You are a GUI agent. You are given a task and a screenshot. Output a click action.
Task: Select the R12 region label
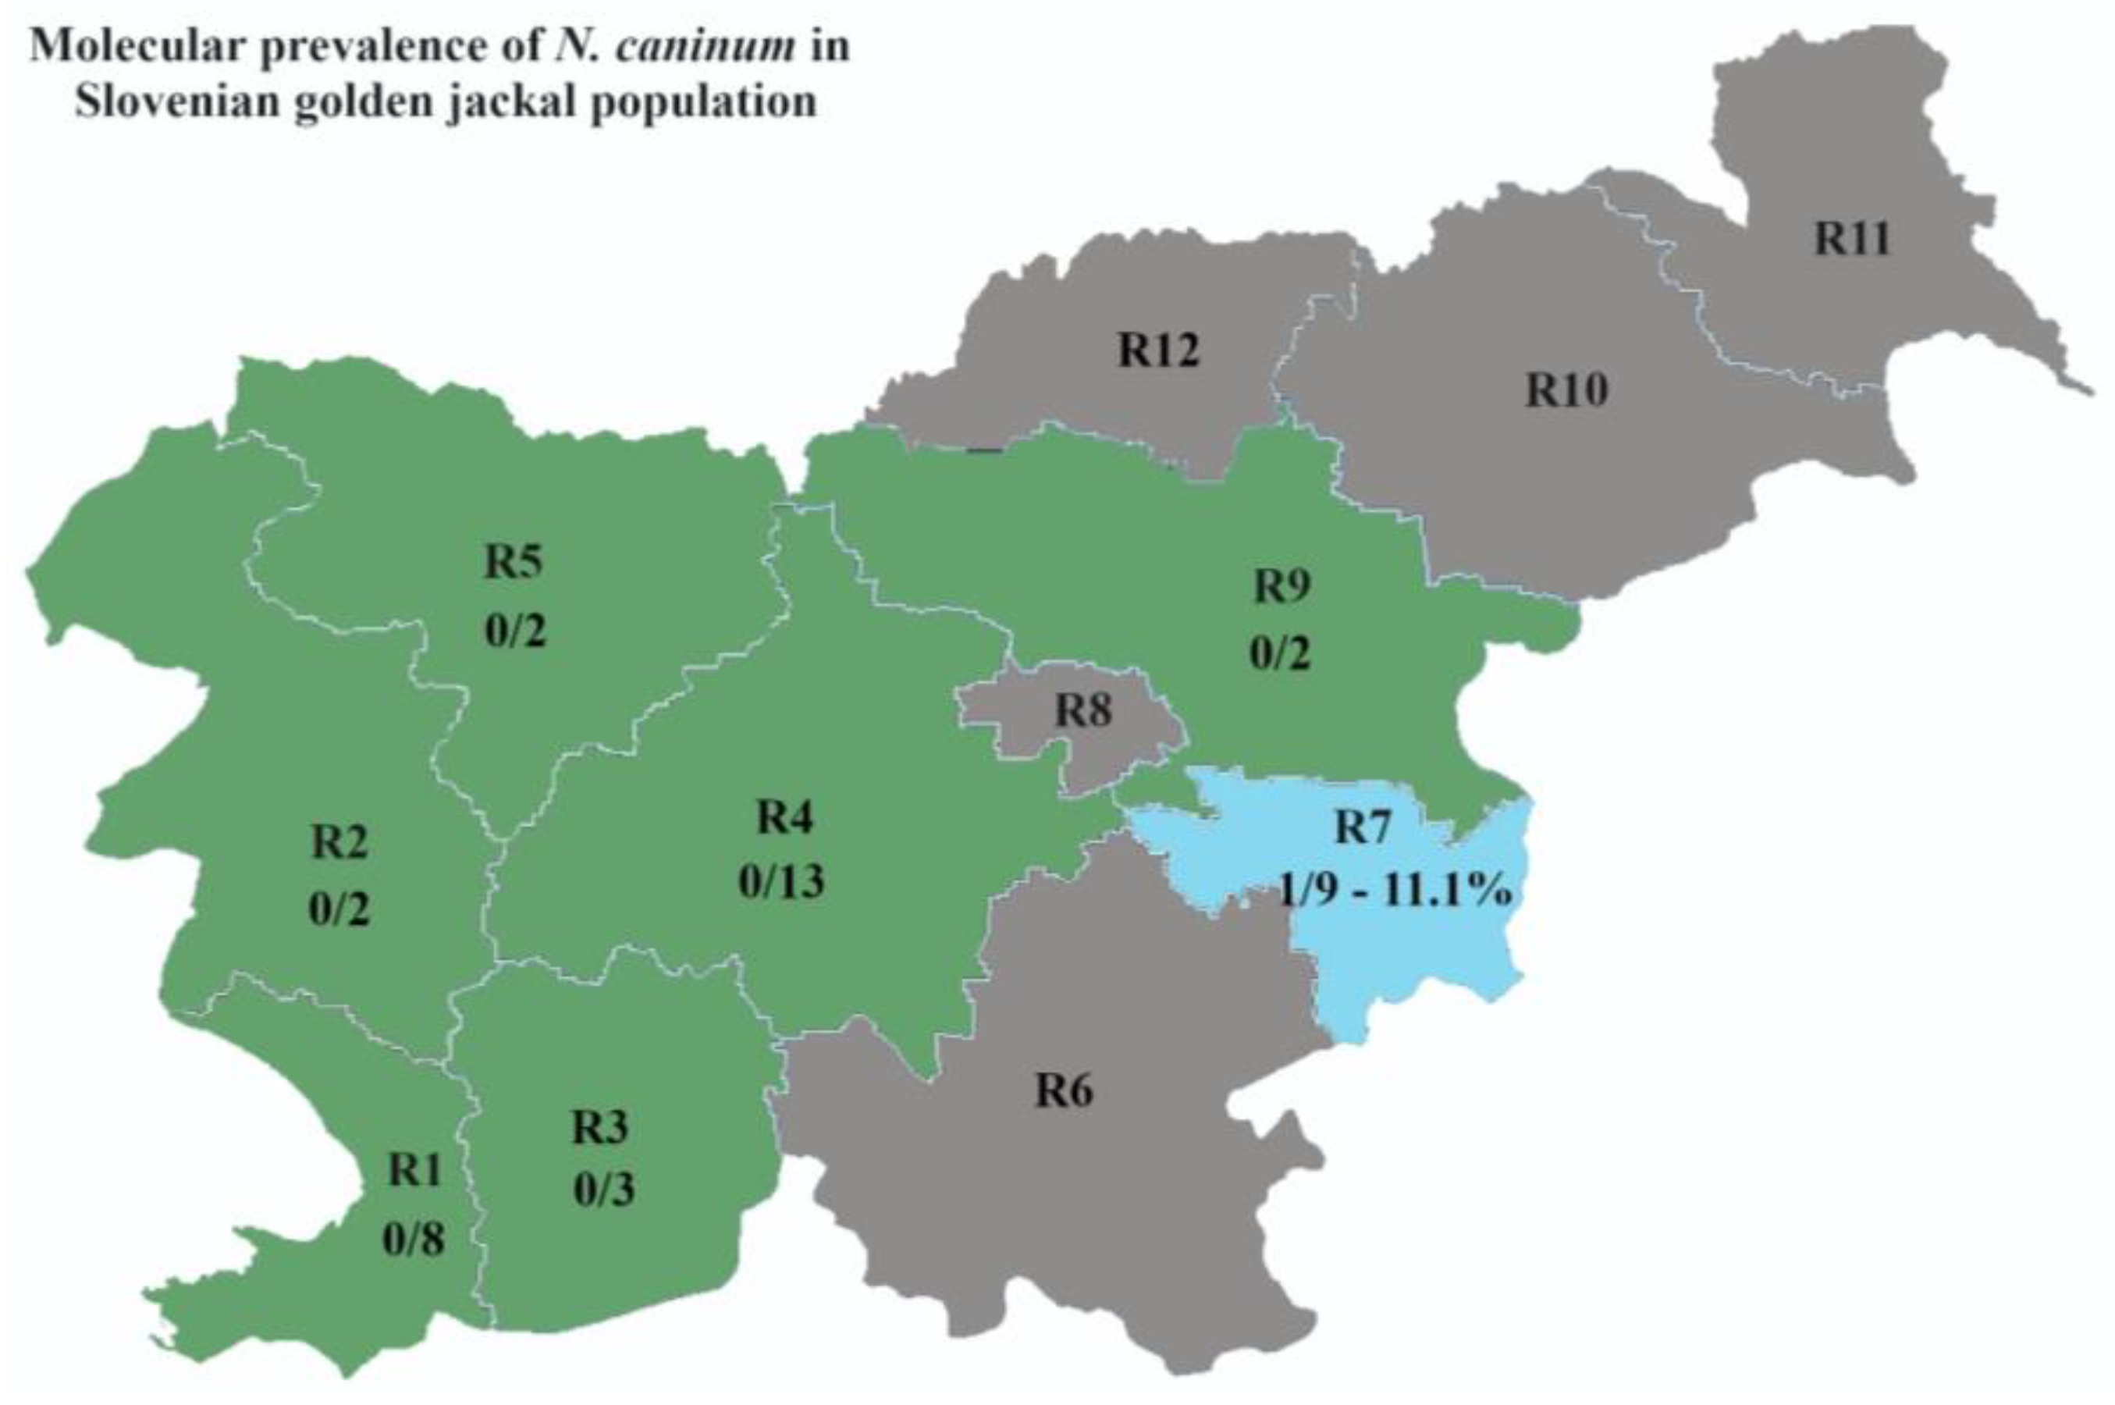tap(1158, 350)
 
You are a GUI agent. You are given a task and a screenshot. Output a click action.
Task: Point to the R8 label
tap(1083, 710)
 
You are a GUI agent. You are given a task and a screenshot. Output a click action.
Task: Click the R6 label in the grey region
tap(1065, 1090)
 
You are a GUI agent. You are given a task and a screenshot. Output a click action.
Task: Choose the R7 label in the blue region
tap(1363, 826)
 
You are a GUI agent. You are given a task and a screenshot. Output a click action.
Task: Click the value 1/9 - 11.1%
tap(1395, 891)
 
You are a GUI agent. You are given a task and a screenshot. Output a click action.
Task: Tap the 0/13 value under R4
tap(781, 880)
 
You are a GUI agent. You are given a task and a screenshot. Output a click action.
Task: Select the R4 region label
tap(784, 817)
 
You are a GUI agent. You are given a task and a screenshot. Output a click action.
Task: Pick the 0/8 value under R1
tap(414, 1240)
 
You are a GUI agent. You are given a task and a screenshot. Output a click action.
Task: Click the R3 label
tap(600, 1127)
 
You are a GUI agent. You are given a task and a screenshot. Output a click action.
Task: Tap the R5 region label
tap(514, 562)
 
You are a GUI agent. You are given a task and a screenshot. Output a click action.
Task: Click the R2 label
tap(339, 842)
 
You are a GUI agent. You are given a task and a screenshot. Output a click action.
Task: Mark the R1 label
tap(414, 1170)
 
